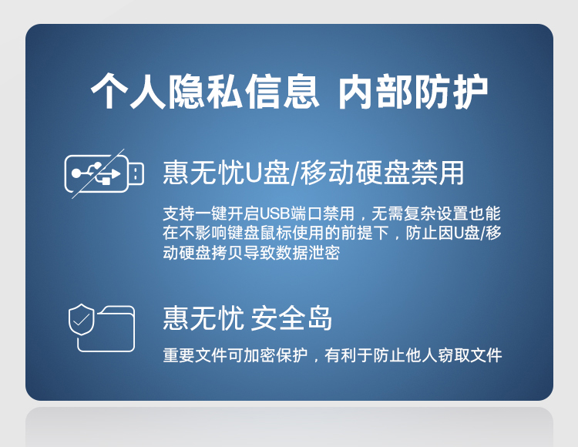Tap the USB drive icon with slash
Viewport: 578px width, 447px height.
(103, 173)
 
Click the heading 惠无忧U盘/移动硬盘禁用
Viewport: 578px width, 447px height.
(314, 173)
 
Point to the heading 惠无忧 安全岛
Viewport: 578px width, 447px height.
(247, 318)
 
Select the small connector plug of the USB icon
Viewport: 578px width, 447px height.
(136, 173)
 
